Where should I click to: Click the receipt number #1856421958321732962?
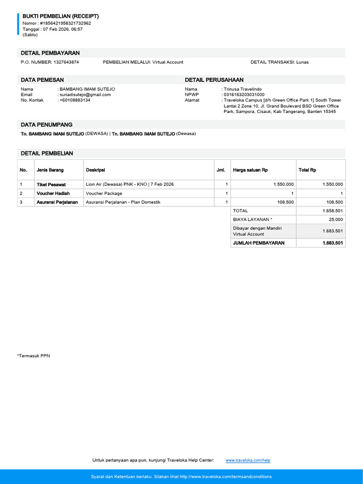point(66,23)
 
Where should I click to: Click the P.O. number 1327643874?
point(66,62)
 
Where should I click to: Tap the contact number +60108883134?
point(75,100)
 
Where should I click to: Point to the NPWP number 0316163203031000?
point(244,95)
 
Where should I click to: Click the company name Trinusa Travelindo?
point(243,89)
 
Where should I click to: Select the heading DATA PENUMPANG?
point(46,125)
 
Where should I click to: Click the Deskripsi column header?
point(95,170)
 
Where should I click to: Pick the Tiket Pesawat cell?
point(51,184)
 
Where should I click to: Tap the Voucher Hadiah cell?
point(53,193)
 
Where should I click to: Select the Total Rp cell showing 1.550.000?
point(332,184)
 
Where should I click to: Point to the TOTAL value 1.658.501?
point(332,211)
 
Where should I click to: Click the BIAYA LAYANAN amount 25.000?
point(336,220)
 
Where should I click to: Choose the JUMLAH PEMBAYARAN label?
point(259,243)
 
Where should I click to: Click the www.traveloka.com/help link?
point(248,460)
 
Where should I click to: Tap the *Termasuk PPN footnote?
point(33,355)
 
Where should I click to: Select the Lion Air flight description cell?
point(130,184)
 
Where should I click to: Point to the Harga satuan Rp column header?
point(251,170)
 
